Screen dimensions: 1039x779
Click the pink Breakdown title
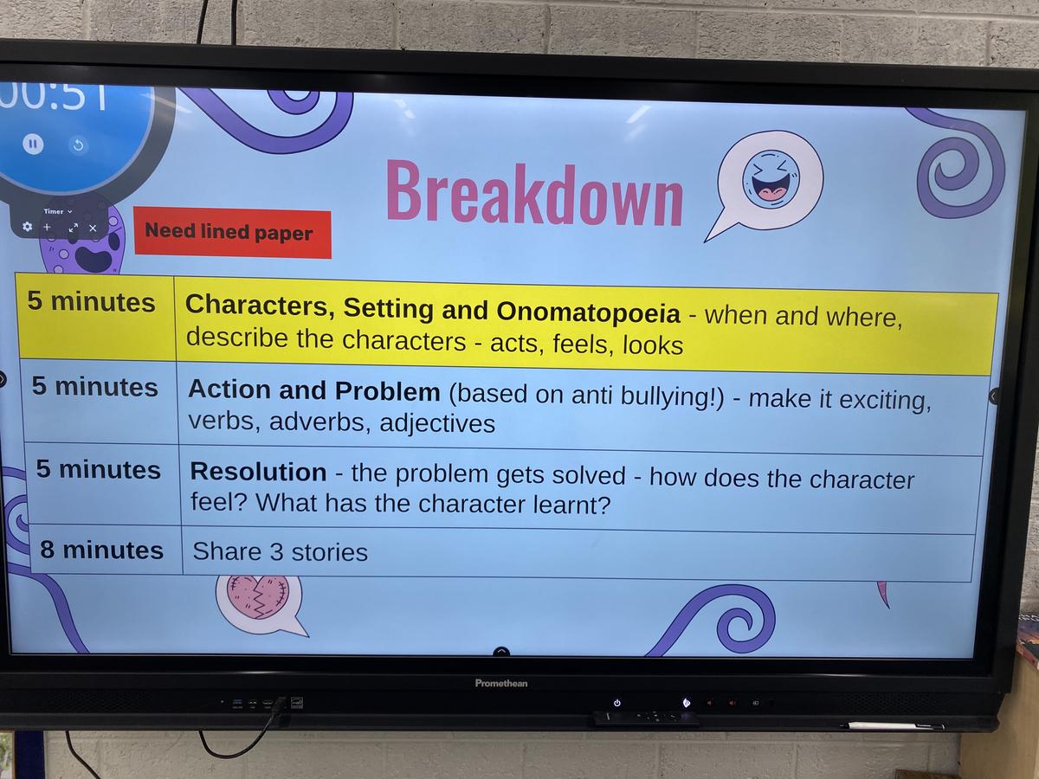[x=534, y=194]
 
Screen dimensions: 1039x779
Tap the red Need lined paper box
[x=232, y=232]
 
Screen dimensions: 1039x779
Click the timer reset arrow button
[x=78, y=145]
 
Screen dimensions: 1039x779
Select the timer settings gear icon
[x=28, y=227]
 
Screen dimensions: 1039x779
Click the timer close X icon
[x=93, y=228]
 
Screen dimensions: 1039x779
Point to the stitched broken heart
[x=258, y=597]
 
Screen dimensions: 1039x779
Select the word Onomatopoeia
[x=589, y=312]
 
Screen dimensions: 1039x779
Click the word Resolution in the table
[x=258, y=472]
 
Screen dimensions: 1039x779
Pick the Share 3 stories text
[x=280, y=551]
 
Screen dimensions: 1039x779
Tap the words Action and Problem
[x=313, y=390]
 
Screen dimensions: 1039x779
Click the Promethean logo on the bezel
[x=500, y=683]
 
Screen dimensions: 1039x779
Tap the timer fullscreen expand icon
[x=73, y=228]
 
